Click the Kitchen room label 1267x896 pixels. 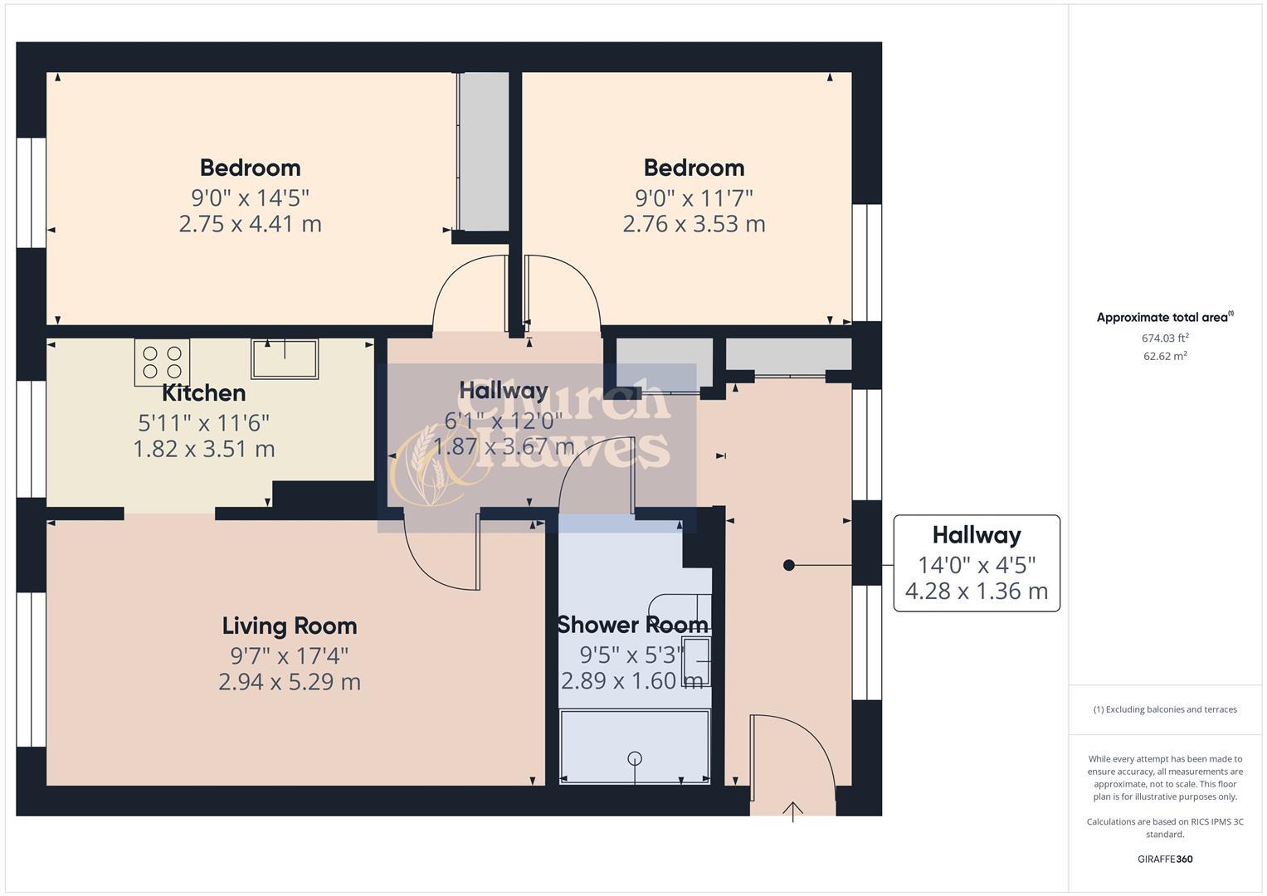203,393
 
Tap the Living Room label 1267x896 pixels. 289,626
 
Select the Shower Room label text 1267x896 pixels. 632,625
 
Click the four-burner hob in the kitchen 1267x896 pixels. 162,363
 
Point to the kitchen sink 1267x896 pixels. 285,359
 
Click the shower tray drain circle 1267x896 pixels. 635,757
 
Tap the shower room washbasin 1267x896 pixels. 696,661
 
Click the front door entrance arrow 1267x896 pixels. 792,811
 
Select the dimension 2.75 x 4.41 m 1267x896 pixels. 250,224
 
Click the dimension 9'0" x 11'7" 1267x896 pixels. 694,198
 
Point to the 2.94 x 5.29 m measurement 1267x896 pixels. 289,682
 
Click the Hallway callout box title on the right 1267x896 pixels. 976,535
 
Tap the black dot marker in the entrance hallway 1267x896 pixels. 788,565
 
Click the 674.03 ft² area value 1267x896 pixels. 1164,338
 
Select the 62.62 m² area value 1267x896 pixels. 1164,356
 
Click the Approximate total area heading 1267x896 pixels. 1164,318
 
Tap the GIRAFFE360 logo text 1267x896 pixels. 1164,859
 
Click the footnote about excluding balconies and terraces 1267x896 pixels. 1164,709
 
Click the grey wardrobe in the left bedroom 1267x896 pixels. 484,151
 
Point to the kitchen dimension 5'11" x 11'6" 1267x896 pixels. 203,423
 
